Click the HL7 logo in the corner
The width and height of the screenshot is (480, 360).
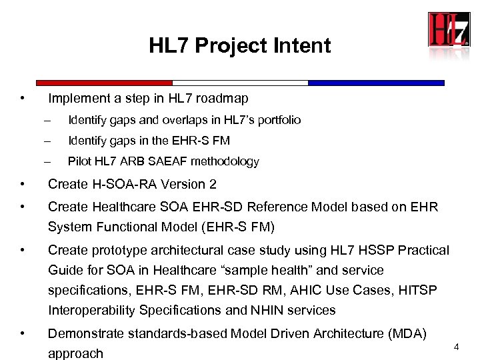(449, 30)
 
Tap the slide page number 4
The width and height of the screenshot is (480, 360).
(456, 347)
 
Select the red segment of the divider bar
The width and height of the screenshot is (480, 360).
(104, 83)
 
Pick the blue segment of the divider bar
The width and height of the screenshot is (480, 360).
(376, 83)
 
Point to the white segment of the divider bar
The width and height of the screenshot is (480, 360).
(240, 83)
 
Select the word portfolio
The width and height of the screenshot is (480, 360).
(277, 120)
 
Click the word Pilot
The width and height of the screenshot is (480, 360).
(80, 161)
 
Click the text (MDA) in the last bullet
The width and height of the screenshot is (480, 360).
(412, 333)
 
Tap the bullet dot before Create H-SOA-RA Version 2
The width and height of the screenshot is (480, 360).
(23, 184)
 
